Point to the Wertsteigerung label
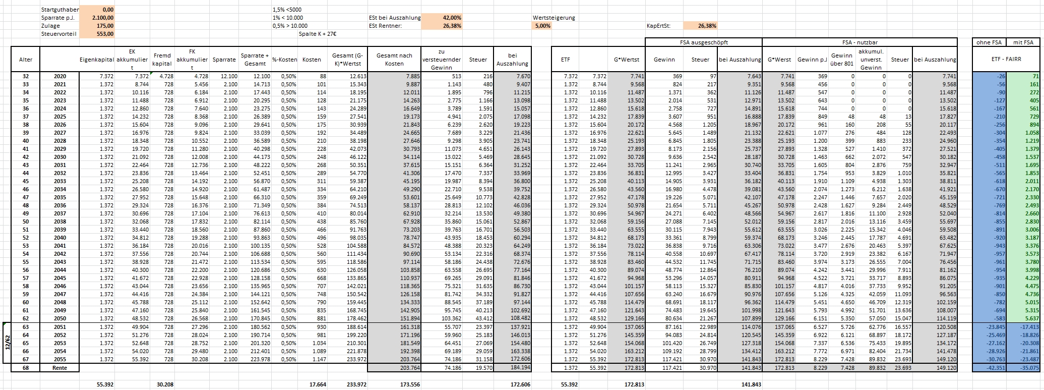tap(554, 18)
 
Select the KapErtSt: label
tap(658, 26)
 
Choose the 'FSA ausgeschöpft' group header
tap(704, 42)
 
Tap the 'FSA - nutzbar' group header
tap(859, 42)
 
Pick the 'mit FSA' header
tap(1023, 42)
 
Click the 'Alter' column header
tap(25, 60)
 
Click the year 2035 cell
tap(59, 197)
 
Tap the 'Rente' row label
tap(59, 367)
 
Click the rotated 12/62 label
tap(7, 343)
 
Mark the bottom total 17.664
tap(317, 384)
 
